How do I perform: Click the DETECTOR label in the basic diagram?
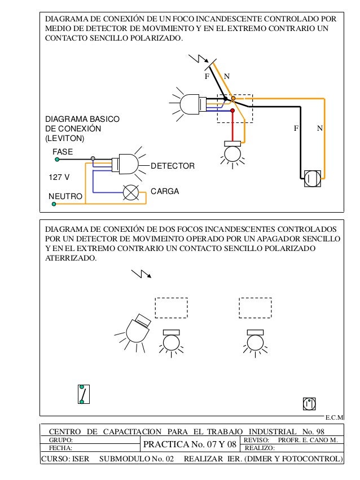click(173, 166)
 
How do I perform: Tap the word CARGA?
click(164, 191)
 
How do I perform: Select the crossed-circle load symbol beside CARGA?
click(131, 192)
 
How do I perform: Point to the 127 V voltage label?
click(59, 177)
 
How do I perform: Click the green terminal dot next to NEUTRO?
click(54, 205)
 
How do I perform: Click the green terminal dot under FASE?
click(55, 159)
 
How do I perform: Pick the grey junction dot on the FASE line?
click(94, 159)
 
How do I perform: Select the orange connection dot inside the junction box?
click(233, 98)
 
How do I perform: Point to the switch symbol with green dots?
click(83, 394)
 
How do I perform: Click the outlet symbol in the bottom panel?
click(309, 403)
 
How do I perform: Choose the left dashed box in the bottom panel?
click(171, 308)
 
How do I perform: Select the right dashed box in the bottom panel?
click(255, 308)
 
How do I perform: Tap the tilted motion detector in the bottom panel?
click(137, 329)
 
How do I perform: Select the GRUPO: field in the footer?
click(62, 438)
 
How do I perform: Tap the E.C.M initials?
click(335, 417)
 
